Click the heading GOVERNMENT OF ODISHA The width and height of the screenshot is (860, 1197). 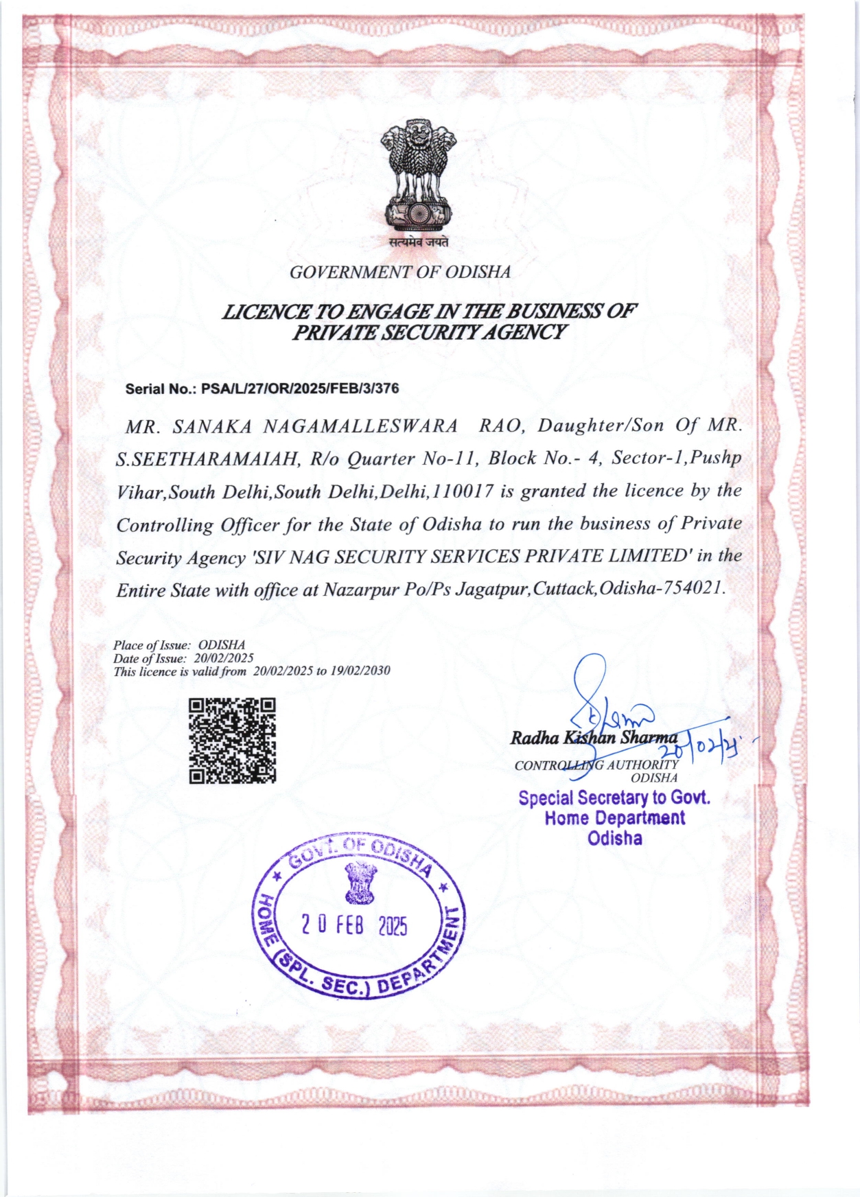400,272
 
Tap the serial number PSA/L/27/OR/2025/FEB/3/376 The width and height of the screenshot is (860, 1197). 300,389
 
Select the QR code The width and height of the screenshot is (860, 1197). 232,741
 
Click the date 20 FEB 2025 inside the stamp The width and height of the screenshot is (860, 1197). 354,926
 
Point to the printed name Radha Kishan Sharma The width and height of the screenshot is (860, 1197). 593,738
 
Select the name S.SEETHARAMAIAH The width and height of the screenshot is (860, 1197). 208,459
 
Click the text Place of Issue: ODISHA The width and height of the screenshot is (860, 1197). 178,645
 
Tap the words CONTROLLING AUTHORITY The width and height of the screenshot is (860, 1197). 596,765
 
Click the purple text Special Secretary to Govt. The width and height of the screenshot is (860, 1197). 614,798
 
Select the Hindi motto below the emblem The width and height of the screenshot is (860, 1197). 419,242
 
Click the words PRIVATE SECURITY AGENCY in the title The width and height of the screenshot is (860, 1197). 430,333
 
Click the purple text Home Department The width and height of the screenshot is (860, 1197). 614,818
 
